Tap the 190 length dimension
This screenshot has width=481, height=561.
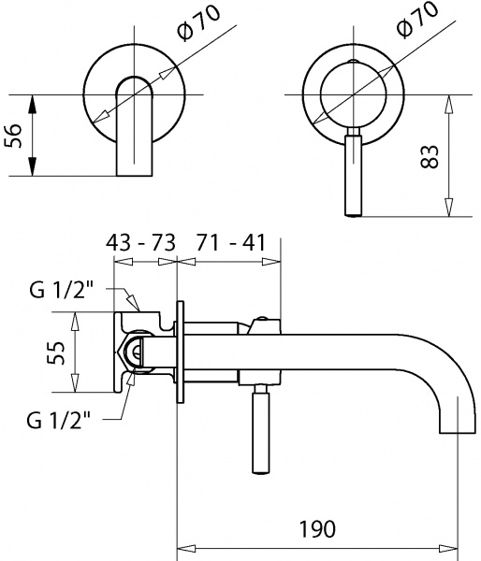coord(318,530)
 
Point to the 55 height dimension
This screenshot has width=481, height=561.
coord(57,353)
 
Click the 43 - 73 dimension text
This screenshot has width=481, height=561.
coord(141,243)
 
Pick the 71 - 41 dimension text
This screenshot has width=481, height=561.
coord(230,243)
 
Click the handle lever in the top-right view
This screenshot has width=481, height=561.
coord(353,173)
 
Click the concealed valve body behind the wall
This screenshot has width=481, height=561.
coord(140,353)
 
